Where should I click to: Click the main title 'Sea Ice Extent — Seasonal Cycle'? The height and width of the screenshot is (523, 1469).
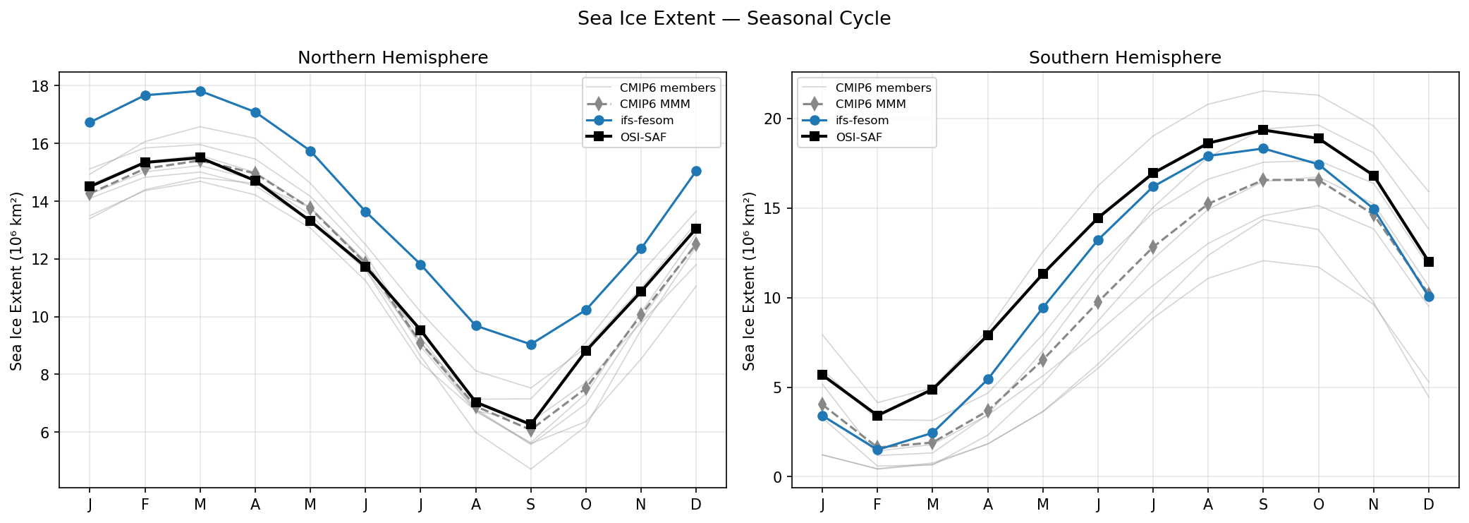coord(733,18)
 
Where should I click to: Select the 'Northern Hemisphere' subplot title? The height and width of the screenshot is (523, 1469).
coord(393,58)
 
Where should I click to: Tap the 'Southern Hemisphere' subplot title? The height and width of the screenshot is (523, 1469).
coord(1125,58)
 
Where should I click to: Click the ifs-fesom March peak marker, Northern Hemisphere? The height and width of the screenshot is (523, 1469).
coord(200,91)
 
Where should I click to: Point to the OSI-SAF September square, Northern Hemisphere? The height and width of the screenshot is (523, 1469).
coord(531,424)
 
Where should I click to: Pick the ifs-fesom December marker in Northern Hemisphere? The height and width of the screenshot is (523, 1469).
coord(696,171)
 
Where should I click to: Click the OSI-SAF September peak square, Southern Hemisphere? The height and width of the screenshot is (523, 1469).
coord(1263,130)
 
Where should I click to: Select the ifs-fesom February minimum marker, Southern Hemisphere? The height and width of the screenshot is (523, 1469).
coord(877,450)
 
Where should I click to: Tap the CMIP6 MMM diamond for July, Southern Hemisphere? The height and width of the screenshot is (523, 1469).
coord(1153,247)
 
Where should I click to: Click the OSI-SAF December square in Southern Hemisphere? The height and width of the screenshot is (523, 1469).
coord(1429,262)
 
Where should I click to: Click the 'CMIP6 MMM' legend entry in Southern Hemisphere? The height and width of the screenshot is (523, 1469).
coord(870,104)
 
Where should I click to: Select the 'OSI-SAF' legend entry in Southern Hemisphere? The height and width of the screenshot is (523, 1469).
coord(858,138)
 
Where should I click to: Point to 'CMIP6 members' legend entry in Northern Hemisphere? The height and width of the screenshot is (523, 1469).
coord(667,88)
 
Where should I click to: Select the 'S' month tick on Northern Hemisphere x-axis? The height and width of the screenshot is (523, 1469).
coord(531,505)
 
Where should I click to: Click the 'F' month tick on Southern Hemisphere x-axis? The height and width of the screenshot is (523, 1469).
coord(877,505)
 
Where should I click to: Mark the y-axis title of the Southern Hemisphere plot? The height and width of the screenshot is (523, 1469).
coord(749,281)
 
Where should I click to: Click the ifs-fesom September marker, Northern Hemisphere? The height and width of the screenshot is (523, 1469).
coord(531,344)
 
